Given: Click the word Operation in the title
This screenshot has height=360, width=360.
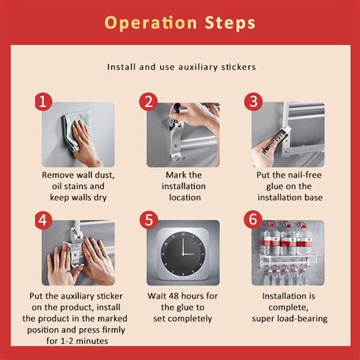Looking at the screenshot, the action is point(150,24).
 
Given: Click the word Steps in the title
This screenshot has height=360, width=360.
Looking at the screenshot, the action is point(230,23).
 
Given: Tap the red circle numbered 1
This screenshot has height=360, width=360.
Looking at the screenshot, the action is point(43,102).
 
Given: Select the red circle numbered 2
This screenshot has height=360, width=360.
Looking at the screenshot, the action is point(148,102).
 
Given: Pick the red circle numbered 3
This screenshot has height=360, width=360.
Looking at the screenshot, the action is point(253,102).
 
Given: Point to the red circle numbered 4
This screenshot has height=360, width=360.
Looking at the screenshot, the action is point(43,220).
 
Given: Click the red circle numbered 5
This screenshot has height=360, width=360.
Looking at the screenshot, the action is point(148,220).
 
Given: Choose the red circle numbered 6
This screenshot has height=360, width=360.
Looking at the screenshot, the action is point(253,219).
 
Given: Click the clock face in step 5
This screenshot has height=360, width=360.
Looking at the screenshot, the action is point(183,254).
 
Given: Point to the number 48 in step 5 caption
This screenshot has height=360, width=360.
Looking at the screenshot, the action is point(174,296).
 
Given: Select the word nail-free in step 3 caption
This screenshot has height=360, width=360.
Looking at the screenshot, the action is point(305,175).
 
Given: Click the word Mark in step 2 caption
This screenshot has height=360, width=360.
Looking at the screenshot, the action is point(175,175).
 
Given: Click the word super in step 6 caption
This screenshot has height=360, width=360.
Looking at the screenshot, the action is point(262,319).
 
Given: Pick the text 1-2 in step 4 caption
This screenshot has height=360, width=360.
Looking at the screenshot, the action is point(67,341).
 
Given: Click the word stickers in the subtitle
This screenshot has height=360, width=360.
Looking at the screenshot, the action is point(238,67).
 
